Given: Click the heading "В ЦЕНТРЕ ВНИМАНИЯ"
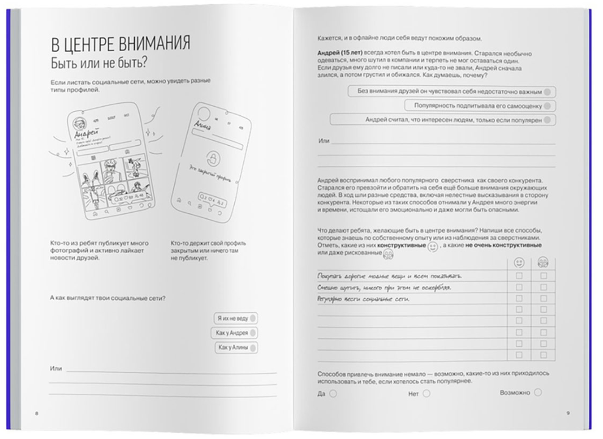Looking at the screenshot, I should [120, 45].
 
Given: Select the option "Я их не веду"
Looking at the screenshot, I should [235, 318].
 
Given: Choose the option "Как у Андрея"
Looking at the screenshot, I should [235, 333].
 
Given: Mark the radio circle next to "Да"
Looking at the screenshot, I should [333, 393].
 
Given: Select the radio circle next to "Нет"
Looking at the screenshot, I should [426, 393].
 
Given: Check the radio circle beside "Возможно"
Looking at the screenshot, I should [538, 393].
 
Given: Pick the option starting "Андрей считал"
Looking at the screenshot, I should [442, 120].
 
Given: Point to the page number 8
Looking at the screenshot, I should [37, 414].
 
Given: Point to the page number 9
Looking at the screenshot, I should [568, 414].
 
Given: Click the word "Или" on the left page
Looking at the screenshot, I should [56, 369].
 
